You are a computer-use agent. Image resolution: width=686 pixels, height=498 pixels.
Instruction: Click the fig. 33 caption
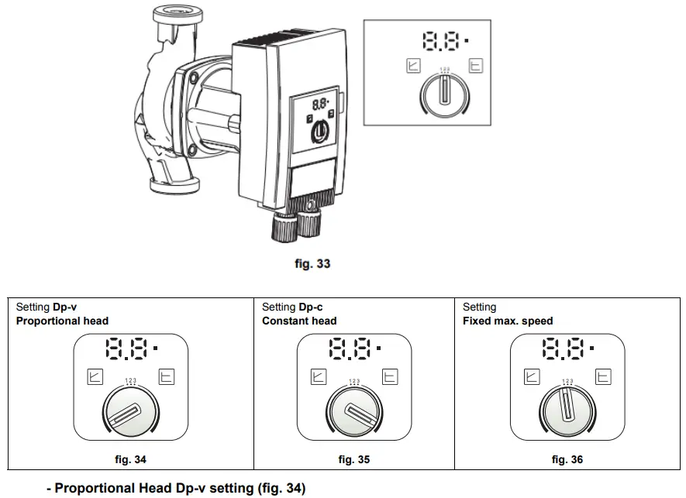point(312,264)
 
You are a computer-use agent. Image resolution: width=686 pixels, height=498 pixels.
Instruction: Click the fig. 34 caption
point(130,459)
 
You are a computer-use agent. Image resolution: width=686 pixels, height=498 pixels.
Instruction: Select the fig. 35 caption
point(353,459)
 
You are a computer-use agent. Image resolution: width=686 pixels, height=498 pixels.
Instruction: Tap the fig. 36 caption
point(567,459)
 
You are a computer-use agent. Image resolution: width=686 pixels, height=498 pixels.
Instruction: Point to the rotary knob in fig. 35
point(353,417)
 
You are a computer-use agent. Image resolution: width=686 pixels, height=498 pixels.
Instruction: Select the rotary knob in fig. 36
point(567,416)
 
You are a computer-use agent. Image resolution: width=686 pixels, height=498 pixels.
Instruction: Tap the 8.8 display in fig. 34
point(126,350)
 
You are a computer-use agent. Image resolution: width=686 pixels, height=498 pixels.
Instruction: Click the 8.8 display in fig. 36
point(564,350)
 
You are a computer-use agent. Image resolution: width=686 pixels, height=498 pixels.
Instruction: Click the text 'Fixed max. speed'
point(508,321)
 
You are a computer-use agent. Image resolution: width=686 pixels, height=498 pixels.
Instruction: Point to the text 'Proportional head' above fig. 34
point(62,321)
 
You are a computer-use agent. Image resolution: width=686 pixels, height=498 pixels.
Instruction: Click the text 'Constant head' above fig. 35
point(299,321)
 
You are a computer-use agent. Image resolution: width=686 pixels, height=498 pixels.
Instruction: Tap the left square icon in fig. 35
point(318,377)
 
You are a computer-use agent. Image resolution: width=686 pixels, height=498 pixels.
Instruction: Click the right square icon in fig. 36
point(602,377)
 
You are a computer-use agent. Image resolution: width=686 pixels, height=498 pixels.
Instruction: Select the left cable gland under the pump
point(282,227)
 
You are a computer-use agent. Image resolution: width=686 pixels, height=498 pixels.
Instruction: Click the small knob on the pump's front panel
point(319,132)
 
